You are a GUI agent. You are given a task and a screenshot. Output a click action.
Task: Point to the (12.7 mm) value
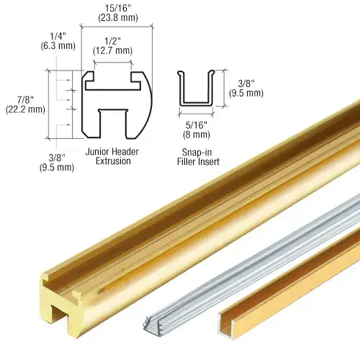(x=113, y=50)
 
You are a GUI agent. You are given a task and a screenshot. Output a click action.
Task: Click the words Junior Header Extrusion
(x=112, y=156)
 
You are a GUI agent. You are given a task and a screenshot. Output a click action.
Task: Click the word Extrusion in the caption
(x=112, y=161)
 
